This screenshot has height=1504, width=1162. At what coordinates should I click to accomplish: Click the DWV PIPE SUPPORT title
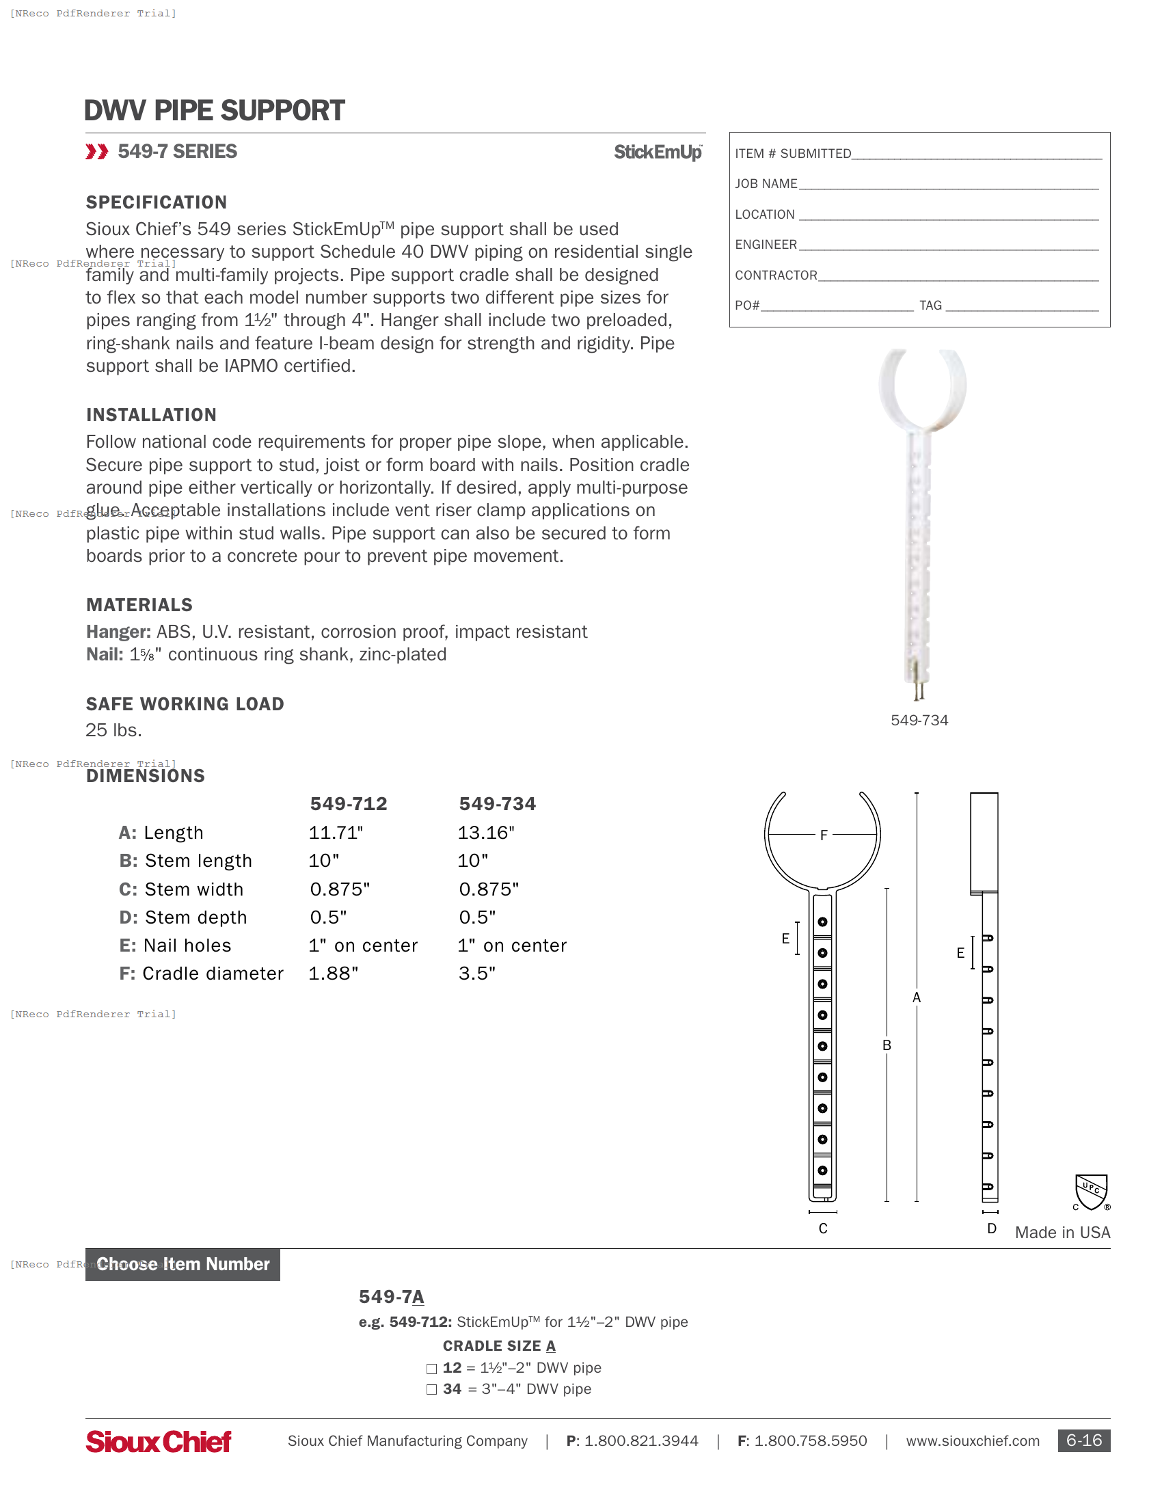tap(214, 111)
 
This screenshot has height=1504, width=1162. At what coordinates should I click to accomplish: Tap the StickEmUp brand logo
tap(658, 152)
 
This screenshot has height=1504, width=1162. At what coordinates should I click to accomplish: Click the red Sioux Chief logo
tap(159, 1441)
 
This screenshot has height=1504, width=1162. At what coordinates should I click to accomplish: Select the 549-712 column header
tap(349, 804)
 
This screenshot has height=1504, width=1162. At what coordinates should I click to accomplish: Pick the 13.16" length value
tap(486, 833)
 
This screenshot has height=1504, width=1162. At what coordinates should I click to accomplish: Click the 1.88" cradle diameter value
tap(333, 973)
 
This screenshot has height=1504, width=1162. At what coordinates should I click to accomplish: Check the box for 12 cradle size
tap(431, 1369)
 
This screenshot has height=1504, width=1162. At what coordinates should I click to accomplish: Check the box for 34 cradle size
tap(431, 1390)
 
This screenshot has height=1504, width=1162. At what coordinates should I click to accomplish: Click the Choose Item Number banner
tap(183, 1264)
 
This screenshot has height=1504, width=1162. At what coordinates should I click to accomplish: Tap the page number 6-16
tap(1083, 1440)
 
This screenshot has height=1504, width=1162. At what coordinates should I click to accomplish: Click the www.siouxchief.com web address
tap(972, 1441)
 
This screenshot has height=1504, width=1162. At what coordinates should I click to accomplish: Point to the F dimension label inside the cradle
tap(824, 835)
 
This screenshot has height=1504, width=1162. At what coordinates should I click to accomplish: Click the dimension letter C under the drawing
tap(822, 1228)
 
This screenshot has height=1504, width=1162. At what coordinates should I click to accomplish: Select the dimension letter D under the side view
tap(991, 1228)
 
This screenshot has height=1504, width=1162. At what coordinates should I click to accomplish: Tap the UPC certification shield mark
tap(1091, 1192)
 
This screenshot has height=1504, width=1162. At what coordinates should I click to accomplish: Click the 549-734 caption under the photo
tap(919, 721)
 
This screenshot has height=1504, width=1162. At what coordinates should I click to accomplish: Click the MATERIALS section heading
tap(139, 604)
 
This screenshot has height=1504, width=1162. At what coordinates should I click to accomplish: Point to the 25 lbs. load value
tap(113, 730)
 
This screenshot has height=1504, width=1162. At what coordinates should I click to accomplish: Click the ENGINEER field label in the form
tap(766, 245)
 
